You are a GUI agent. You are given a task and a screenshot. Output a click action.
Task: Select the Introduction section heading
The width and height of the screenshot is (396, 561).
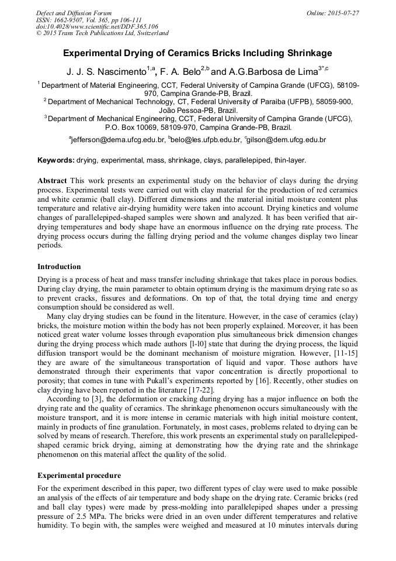tap(59, 266)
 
